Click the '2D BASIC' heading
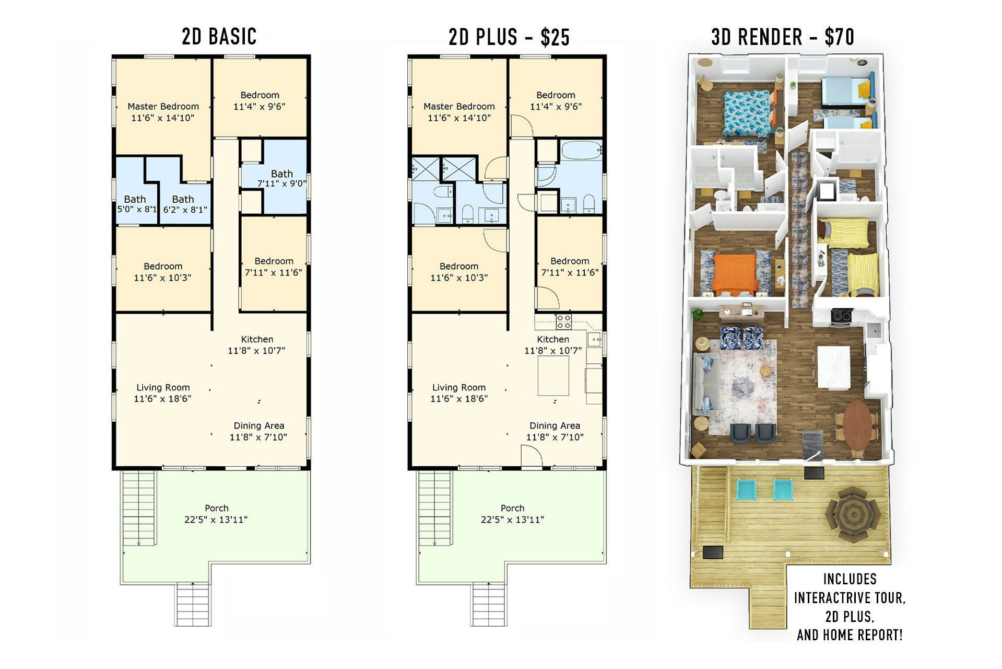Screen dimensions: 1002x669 point(219,37)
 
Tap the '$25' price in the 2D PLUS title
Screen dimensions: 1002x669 point(555,38)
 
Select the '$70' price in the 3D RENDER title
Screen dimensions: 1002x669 point(839,37)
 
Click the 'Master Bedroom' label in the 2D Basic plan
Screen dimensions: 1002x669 point(163,107)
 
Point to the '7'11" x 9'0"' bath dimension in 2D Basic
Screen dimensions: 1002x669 point(281,184)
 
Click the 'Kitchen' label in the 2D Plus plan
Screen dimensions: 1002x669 point(553,339)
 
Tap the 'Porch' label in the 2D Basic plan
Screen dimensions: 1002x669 point(217,508)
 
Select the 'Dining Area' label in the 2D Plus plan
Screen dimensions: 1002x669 point(555,426)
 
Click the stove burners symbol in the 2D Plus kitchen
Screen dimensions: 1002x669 point(563,321)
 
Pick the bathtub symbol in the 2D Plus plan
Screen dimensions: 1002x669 point(581,151)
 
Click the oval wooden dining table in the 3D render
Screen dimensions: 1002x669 point(858,424)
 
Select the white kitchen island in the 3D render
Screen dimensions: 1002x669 point(834,366)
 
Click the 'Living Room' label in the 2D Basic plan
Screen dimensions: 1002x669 point(163,387)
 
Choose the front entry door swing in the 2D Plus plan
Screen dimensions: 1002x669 point(532,455)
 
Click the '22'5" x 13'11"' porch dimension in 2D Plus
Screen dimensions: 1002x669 point(512,520)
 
